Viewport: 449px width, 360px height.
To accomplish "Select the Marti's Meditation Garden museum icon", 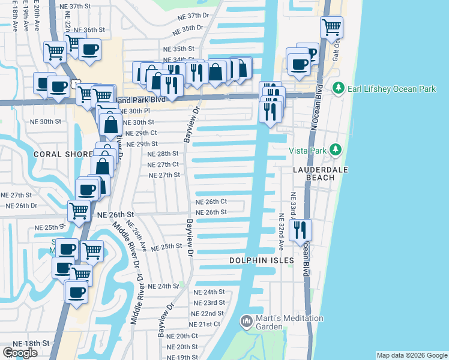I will [x=246, y=322].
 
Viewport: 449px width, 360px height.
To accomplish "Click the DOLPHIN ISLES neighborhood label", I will [x=262, y=260].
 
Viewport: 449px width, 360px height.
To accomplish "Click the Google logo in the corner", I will [x=20, y=353].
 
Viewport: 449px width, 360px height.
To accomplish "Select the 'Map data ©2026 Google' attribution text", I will [x=411, y=355].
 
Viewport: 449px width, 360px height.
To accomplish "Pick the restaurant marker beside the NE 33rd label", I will [x=300, y=230].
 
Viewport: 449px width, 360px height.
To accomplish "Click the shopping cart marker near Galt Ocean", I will [x=331, y=27].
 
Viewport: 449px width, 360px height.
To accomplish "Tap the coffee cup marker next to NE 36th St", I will [x=90, y=49].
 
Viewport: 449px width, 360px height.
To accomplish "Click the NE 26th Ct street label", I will [x=211, y=202].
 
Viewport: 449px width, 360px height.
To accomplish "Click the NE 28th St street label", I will [x=163, y=154].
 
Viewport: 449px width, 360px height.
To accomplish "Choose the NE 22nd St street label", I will [x=208, y=314].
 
